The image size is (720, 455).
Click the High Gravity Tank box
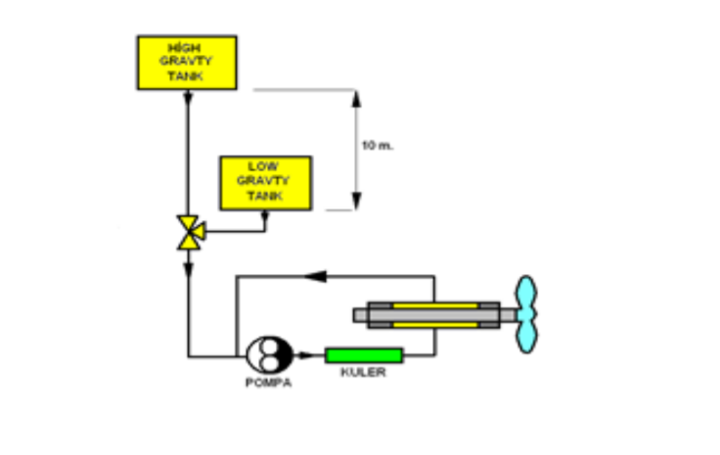coord(187,63)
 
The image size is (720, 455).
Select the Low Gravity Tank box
coord(265,183)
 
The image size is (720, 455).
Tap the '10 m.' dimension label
coord(377,146)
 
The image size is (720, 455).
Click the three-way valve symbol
coord(188,233)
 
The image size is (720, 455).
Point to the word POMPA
coord(267,383)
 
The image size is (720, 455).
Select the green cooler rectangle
coord(363,354)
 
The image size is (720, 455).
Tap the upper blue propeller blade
coord(528,293)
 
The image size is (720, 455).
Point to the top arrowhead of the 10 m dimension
coord(357,96)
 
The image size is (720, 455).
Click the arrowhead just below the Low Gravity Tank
coord(265,216)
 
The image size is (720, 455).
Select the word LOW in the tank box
coord(264,166)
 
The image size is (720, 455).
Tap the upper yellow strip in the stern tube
coord(435,305)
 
